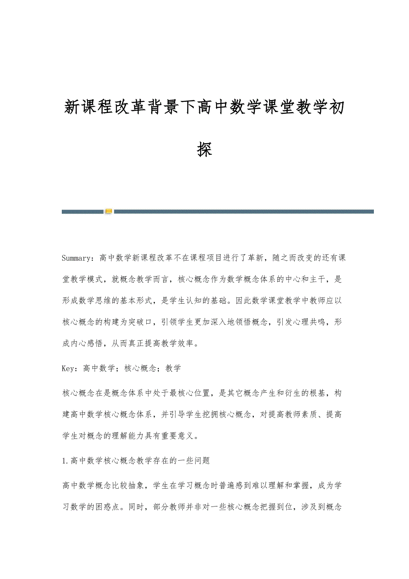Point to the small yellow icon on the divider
coord(108,211)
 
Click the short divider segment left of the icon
coord(83,212)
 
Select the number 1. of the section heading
coord(66,461)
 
